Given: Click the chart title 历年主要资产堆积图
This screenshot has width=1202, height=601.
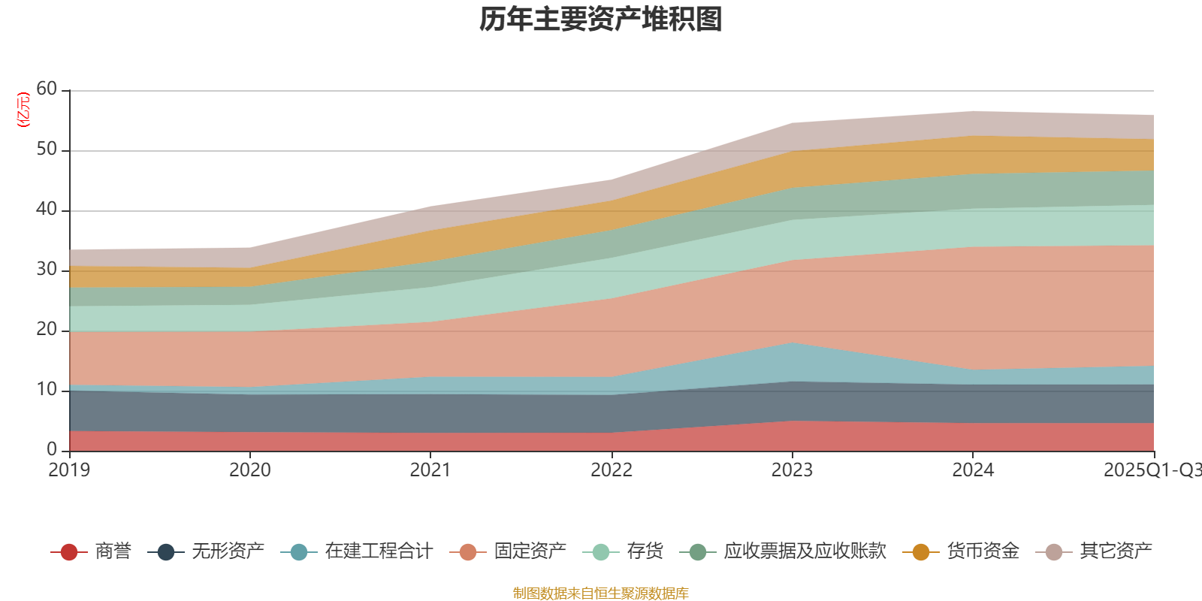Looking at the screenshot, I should tap(601, 20).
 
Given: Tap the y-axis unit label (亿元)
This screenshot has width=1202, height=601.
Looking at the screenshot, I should tap(23, 110).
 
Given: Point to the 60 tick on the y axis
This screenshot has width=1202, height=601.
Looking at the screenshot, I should tap(47, 89).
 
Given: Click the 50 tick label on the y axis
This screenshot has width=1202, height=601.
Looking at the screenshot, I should tap(47, 149).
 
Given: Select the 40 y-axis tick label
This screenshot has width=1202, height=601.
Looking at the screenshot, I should tap(47, 209).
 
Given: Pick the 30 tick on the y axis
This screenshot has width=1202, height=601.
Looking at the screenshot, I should tap(47, 269).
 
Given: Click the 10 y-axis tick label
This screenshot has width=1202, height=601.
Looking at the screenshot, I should tap(47, 389).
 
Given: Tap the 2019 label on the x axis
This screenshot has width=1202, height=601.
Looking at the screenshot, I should tap(69, 470).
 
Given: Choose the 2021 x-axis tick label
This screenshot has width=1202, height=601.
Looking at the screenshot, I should tap(430, 470).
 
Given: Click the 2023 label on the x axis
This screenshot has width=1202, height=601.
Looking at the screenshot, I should tap(792, 470).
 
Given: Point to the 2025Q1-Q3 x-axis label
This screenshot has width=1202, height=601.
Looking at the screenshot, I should tap(1151, 470).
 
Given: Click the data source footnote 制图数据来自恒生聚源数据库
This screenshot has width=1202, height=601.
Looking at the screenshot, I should tap(601, 593).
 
